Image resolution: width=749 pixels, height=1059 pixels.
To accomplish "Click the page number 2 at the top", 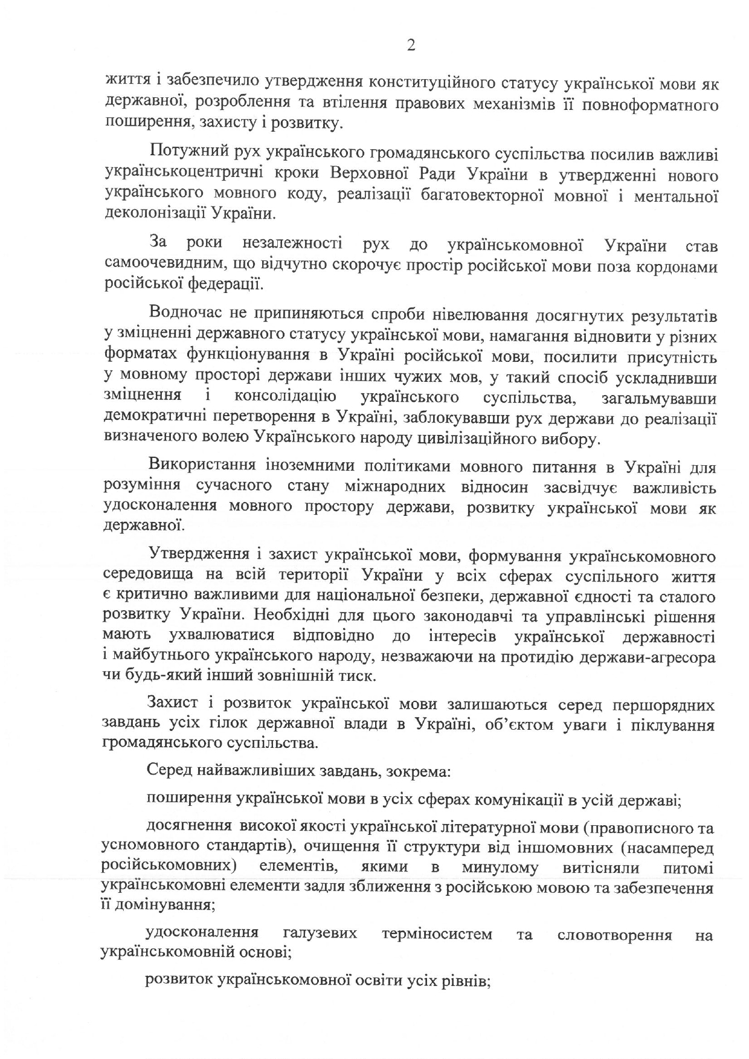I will pyautogui.click(x=411, y=46).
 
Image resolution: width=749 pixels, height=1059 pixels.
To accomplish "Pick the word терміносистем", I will pyautogui.click(x=437, y=935).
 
